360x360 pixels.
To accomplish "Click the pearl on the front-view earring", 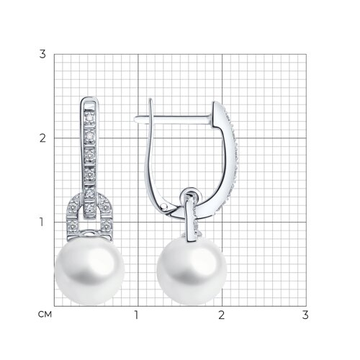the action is (x=90, y=271).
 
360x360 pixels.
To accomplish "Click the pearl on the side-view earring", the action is (x=192, y=271).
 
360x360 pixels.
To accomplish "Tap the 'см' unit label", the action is (x=45, y=315).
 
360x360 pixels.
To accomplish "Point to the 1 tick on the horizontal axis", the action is (x=136, y=315).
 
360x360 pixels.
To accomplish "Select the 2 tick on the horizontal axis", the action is (x=221, y=315).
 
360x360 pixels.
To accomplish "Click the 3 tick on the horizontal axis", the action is (x=305, y=315).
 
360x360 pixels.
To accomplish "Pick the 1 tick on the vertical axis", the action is (x=42, y=222).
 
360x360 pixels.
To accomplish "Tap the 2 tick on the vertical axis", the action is (x=42, y=138).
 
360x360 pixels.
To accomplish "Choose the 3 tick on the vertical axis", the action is (x=42, y=54).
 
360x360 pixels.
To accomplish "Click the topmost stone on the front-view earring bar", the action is (x=90, y=117).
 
